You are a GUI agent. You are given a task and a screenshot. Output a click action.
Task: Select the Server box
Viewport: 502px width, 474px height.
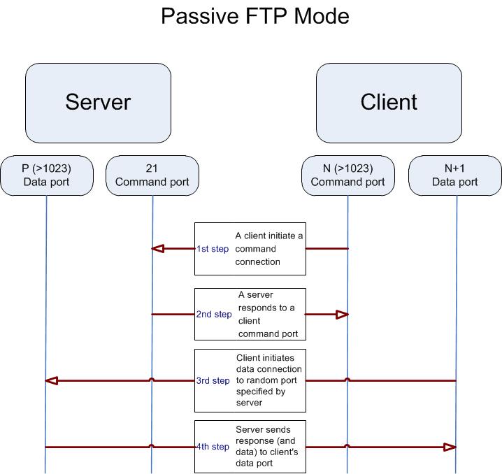tap(98, 103)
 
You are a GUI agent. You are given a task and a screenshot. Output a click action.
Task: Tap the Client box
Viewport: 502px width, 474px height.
tap(389, 103)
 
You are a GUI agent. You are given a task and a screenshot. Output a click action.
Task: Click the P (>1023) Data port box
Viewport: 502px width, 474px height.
tap(46, 175)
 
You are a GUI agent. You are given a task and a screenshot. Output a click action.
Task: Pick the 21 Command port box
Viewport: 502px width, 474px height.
tap(152, 175)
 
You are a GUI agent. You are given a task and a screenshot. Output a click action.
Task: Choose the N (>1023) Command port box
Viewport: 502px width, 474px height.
tap(347, 175)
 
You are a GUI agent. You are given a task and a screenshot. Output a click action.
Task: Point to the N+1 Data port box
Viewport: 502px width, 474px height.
tap(454, 175)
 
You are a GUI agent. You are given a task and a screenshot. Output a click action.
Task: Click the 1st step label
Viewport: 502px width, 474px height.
tap(212, 249)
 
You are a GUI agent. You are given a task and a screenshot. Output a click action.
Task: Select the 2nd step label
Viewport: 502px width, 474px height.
tap(214, 315)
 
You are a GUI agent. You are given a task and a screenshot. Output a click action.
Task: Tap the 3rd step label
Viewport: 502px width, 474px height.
tap(213, 381)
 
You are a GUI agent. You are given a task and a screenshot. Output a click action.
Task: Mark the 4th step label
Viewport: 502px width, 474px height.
tap(213, 447)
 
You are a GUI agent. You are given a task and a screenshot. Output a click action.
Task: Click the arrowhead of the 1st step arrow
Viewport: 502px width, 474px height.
tap(158, 248)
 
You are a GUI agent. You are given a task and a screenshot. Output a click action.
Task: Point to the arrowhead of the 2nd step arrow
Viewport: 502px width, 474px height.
tap(343, 315)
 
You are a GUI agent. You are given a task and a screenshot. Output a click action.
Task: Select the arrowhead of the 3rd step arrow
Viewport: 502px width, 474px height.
tap(51, 381)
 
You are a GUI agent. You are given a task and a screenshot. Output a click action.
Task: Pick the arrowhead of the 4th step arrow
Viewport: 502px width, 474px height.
tap(451, 447)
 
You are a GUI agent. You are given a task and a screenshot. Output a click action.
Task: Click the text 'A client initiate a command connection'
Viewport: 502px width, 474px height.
tap(268, 249)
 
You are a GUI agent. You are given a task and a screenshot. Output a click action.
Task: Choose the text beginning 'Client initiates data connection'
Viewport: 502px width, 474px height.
tap(268, 380)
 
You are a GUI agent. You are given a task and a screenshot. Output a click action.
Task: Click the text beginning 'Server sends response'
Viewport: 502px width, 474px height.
tap(268, 446)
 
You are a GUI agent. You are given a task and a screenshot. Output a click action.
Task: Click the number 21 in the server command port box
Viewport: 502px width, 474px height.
tap(152, 168)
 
